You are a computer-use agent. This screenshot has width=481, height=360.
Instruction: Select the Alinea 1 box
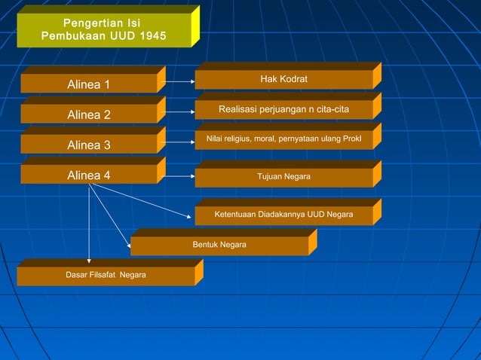[89, 84]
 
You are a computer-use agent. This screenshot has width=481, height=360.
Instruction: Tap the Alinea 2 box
[89, 114]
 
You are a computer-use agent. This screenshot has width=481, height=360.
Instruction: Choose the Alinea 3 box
[89, 145]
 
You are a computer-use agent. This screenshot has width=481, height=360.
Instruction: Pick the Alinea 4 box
[89, 175]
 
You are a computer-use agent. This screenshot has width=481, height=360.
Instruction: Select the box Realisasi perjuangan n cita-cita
[283, 110]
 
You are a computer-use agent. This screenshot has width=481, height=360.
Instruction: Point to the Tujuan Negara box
[283, 177]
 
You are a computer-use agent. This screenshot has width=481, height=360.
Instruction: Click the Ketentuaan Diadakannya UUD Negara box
[283, 215]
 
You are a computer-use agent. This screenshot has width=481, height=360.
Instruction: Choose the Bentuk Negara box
[219, 246]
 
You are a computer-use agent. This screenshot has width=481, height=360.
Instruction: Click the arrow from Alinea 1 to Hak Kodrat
[179, 81]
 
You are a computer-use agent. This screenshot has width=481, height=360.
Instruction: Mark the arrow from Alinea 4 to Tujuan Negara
[179, 176]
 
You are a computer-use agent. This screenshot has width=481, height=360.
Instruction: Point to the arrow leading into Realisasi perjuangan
[179, 111]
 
